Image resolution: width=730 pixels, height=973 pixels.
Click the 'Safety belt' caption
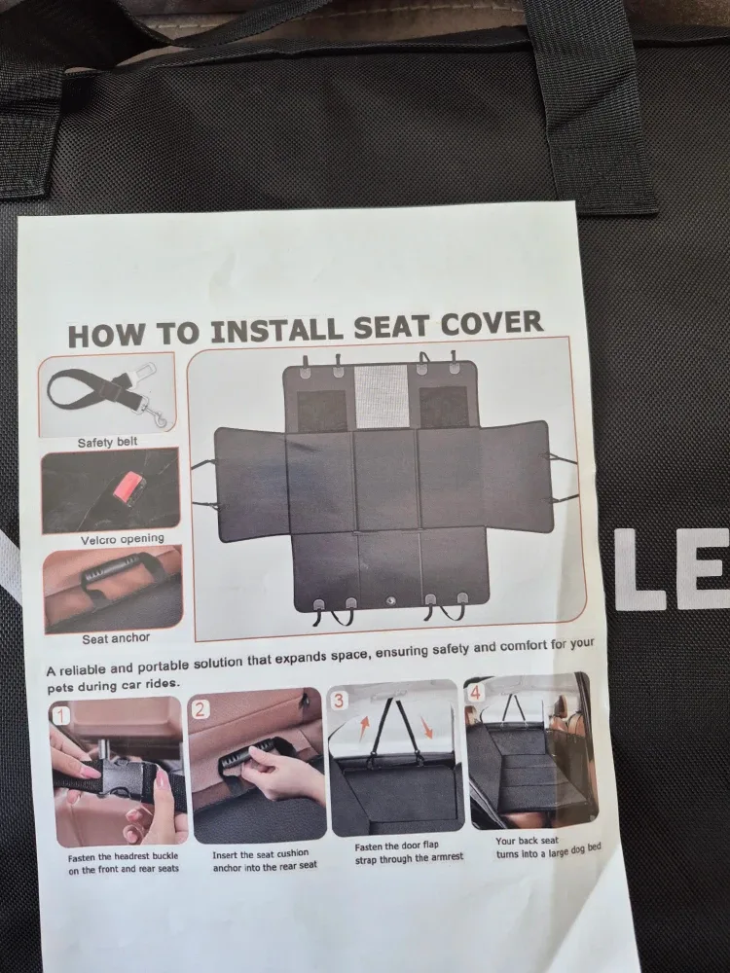coord(108,442)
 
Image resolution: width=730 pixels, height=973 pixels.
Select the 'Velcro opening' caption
coord(122,538)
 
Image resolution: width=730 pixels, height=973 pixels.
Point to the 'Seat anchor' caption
coord(116,639)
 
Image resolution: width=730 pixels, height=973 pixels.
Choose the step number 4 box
coord(476,693)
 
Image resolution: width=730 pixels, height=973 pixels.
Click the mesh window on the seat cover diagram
coord(381,395)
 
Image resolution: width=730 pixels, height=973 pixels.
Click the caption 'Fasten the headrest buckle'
coord(122,863)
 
